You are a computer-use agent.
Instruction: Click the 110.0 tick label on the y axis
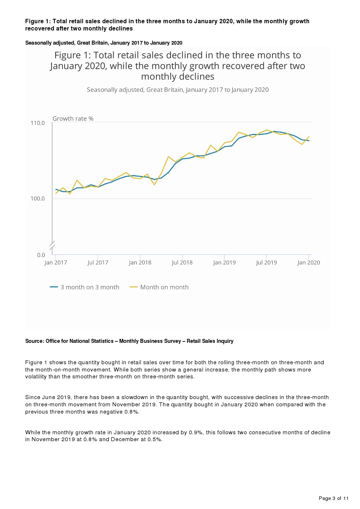pyautogui.click(x=37, y=123)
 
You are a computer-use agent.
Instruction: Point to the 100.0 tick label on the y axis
pyautogui.click(x=37, y=198)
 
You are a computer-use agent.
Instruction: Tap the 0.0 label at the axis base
pyautogui.click(x=41, y=255)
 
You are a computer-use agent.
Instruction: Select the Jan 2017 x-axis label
pyautogui.click(x=56, y=263)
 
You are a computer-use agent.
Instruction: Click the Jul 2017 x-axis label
pyautogui.click(x=98, y=263)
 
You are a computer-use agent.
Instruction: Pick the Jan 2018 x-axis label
pyautogui.click(x=140, y=263)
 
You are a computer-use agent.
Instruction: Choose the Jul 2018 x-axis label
pyautogui.click(x=182, y=263)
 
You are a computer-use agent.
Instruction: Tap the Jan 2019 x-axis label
pyautogui.click(x=224, y=263)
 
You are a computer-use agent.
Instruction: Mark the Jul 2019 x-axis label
pyautogui.click(x=266, y=263)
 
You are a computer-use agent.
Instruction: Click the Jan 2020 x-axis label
pyautogui.click(x=308, y=263)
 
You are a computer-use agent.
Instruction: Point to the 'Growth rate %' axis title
pyautogui.click(x=73, y=119)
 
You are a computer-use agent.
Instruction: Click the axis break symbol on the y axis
pyautogui.click(x=52, y=246)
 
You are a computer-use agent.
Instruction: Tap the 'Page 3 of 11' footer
pyautogui.click(x=334, y=498)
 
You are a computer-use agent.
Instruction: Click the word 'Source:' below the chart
pyautogui.click(x=34, y=341)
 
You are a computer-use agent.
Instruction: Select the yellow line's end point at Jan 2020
pyautogui.click(x=309, y=137)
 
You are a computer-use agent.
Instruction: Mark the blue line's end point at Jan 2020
pyautogui.click(x=309, y=141)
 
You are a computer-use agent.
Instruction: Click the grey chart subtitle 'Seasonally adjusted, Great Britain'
pyautogui.click(x=177, y=90)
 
